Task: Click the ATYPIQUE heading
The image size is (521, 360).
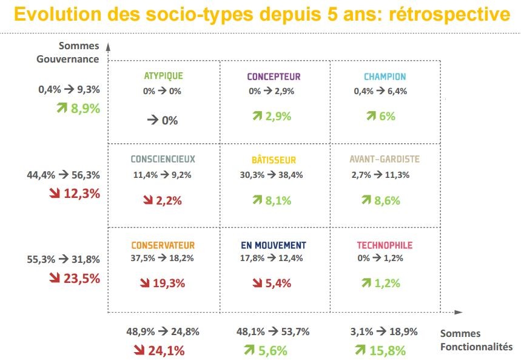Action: pos(163,76)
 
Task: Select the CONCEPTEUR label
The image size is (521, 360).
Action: pos(274,76)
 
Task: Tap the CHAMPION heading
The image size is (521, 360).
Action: pos(385,76)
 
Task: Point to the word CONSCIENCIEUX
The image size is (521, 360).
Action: pos(163,160)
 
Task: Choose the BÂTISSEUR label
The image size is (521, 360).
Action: pos(274,160)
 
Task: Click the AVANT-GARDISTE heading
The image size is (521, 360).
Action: pos(385,160)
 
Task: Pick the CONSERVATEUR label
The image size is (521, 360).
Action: pos(163,245)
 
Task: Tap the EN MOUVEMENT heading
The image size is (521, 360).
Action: pos(274,245)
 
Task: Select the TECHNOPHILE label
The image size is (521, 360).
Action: pos(385,245)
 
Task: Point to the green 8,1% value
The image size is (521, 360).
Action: pos(278,200)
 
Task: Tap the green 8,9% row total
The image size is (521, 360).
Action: pos(84,109)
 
